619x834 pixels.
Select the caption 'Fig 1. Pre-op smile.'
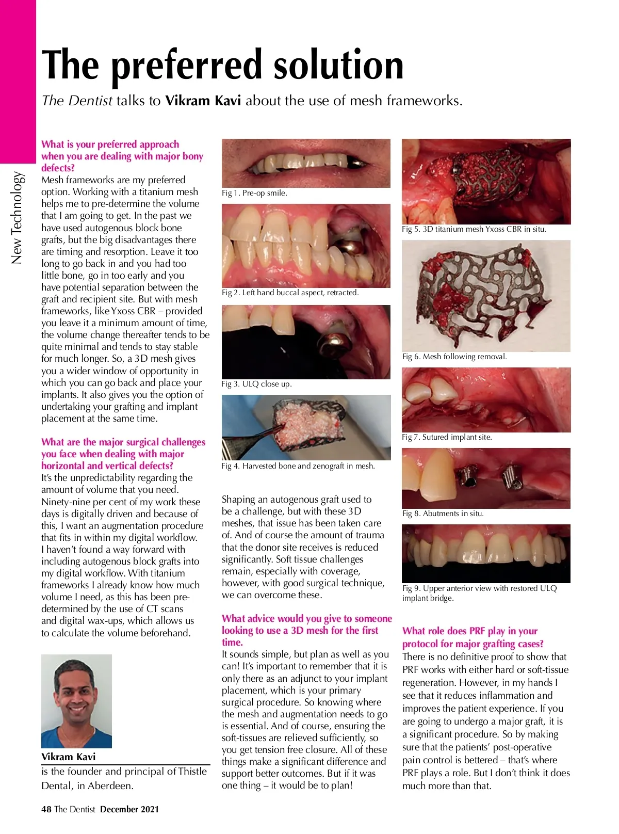(254, 193)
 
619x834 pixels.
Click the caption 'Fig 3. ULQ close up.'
(256, 384)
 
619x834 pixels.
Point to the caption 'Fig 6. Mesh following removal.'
(454, 357)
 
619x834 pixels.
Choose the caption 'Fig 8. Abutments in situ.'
(443, 514)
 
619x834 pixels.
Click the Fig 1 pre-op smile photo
(306, 163)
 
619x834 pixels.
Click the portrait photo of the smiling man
(76, 701)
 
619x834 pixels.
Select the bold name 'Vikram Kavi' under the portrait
(68, 757)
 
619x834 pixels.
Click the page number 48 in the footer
(46, 809)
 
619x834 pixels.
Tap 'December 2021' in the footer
(129, 809)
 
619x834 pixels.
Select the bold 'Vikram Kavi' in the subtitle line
(203, 101)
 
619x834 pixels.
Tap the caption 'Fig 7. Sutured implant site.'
(447, 437)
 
